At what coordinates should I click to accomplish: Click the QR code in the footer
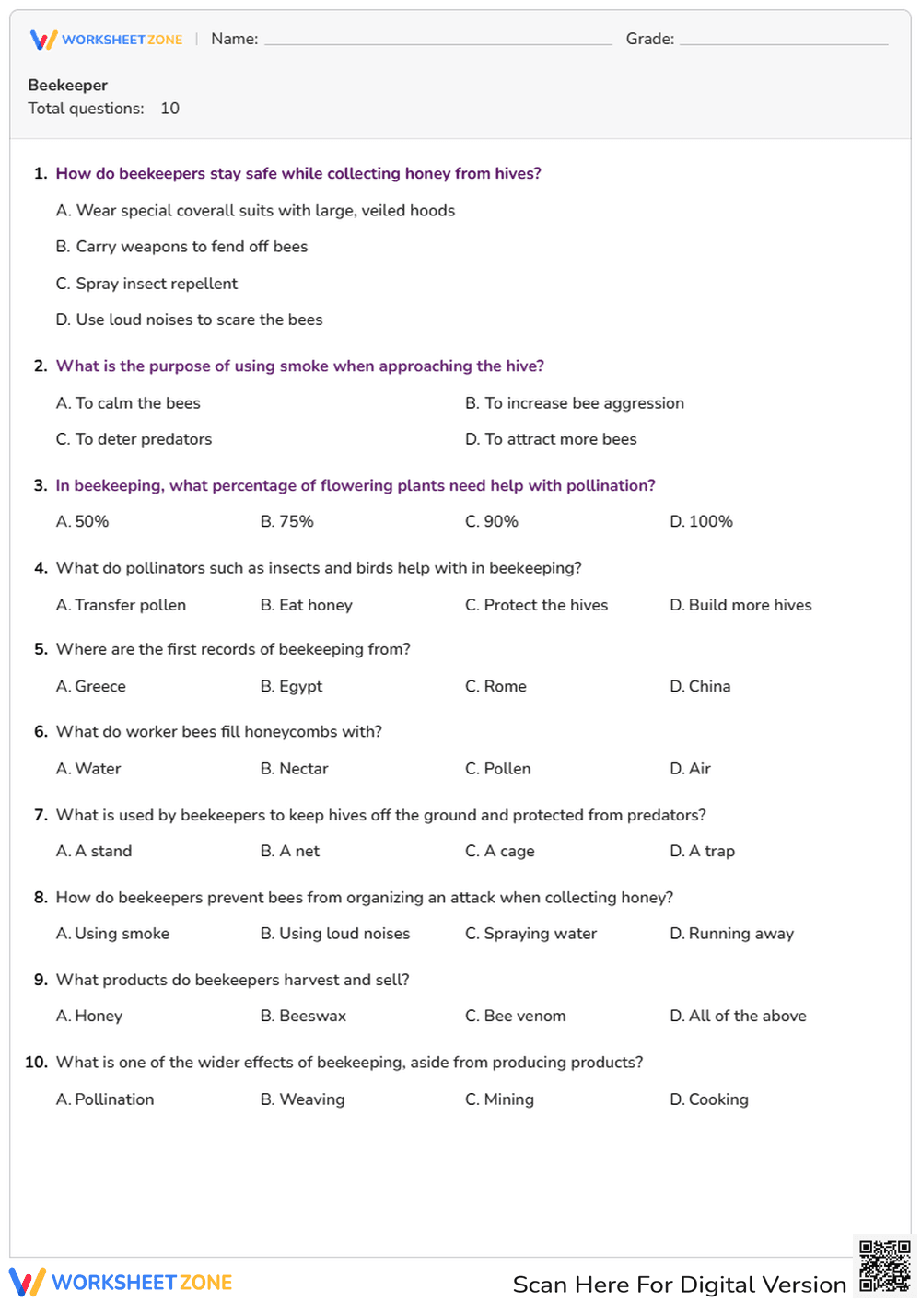pyautogui.click(x=885, y=1267)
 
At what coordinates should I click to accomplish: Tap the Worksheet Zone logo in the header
pyautogui.click(x=107, y=40)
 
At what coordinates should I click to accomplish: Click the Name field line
pyautogui.click(x=437, y=41)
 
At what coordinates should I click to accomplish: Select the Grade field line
pyautogui.click(x=783, y=41)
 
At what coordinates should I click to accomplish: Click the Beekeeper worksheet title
pyautogui.click(x=68, y=85)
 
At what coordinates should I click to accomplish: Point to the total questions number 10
pyautogui.click(x=169, y=109)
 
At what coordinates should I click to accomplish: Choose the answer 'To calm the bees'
pyautogui.click(x=128, y=403)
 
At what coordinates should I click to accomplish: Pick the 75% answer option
pyautogui.click(x=287, y=521)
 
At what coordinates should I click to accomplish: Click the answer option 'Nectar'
pyautogui.click(x=295, y=769)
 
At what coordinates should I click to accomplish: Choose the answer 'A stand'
pyautogui.click(x=94, y=851)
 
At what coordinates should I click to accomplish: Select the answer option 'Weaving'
pyautogui.click(x=303, y=1099)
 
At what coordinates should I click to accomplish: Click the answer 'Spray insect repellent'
pyautogui.click(x=147, y=284)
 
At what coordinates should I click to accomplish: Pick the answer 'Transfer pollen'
pyautogui.click(x=121, y=605)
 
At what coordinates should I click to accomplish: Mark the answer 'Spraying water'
pyautogui.click(x=530, y=934)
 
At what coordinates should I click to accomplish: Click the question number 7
pyautogui.click(x=41, y=815)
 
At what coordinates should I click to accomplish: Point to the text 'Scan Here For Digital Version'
pyautogui.click(x=679, y=1285)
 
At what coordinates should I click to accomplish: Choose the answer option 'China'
pyautogui.click(x=700, y=686)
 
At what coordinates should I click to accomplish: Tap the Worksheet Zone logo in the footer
pyautogui.click(x=121, y=1282)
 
